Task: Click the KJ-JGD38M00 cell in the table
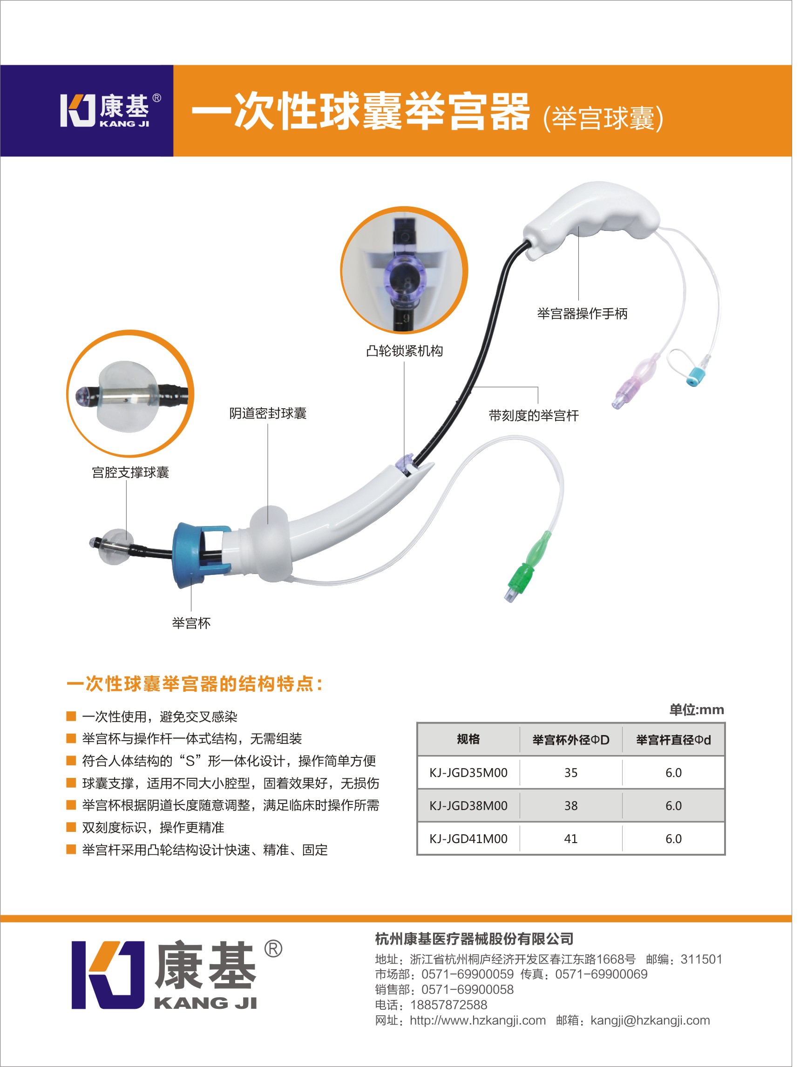point(468,805)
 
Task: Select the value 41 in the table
point(570,839)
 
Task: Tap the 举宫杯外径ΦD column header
point(570,739)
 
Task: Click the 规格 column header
point(468,739)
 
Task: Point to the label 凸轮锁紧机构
point(404,351)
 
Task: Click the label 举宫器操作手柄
point(582,314)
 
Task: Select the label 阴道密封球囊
point(268,413)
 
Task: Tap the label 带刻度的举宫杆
point(534,415)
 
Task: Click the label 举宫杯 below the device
point(191,623)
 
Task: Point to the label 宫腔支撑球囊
point(130,472)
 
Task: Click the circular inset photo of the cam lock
point(404,270)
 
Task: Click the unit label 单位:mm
point(696,709)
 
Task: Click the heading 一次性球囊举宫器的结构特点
point(194,684)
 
